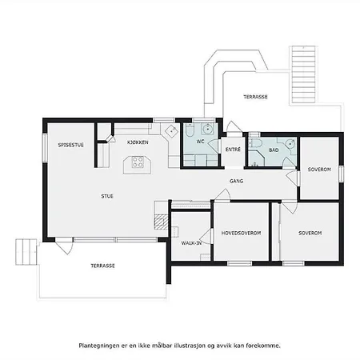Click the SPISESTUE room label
70,145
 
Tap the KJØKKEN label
138,142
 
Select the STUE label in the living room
106,196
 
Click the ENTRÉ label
234,150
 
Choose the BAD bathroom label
274,150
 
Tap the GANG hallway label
237,182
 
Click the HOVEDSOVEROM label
242,233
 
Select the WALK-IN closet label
190,242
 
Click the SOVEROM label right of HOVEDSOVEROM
310,233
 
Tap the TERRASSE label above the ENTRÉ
255,96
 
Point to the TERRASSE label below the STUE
102,266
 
